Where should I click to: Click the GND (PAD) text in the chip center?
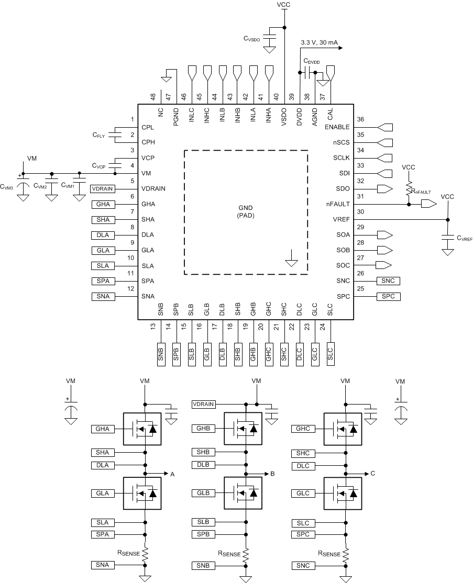coord(245,211)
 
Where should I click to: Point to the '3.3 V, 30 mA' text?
coord(319,43)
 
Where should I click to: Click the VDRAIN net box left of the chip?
coord(102,188)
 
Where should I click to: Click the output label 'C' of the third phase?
coord(372,474)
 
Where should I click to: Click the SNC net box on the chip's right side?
coord(388,281)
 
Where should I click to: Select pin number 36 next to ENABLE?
coord(360,119)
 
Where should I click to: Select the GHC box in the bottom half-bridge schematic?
coord(303,429)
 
